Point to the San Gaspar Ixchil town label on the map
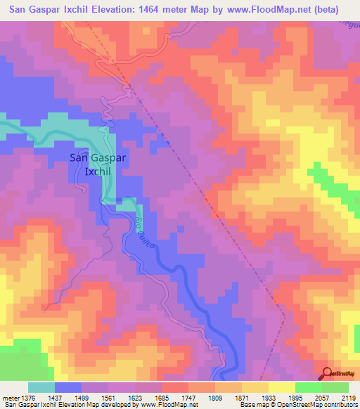coord(98,164)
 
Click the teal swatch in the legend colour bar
coord(41,387)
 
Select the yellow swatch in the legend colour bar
coord(281,387)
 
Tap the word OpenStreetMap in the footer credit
coord(311,405)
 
